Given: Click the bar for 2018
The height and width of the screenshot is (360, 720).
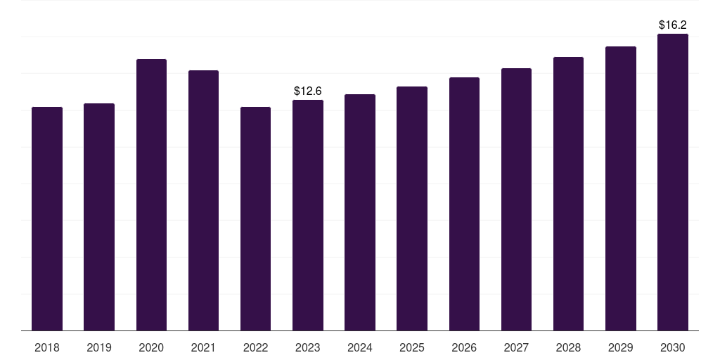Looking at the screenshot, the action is [x=47, y=219].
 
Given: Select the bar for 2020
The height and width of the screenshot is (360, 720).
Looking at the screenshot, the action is [x=152, y=195].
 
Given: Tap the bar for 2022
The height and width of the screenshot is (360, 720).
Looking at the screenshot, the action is [x=255, y=219].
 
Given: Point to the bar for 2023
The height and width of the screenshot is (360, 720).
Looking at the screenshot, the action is [x=308, y=215].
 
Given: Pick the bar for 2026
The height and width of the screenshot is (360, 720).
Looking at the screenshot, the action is [x=464, y=204].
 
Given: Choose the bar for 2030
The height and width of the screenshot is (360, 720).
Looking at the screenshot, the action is [x=673, y=182].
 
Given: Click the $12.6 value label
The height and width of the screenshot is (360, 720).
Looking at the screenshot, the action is [x=308, y=91].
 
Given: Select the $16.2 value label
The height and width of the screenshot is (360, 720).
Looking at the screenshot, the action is [x=673, y=25].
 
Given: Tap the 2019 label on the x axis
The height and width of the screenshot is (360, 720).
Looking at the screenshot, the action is [x=99, y=347].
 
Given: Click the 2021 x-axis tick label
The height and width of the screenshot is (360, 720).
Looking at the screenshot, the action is [x=203, y=347].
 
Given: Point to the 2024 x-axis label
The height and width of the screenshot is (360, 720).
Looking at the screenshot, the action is [x=360, y=347].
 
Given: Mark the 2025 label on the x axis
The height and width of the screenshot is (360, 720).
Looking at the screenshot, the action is [x=412, y=347].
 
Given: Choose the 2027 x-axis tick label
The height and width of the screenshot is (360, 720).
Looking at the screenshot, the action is [x=516, y=347].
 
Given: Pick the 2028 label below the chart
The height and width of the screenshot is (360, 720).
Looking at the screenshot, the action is [x=568, y=347].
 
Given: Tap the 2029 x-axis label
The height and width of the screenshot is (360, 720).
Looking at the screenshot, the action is [x=621, y=347].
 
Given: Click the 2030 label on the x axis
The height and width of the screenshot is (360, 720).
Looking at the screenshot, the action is [x=673, y=347].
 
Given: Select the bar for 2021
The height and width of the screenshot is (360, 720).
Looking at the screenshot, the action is [x=203, y=200].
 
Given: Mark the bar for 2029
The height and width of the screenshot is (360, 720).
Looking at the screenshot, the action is [x=621, y=188].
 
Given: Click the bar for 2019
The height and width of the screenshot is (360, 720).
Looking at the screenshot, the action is [x=99, y=217].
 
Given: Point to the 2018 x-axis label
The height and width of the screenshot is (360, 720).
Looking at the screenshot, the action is [x=47, y=347].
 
